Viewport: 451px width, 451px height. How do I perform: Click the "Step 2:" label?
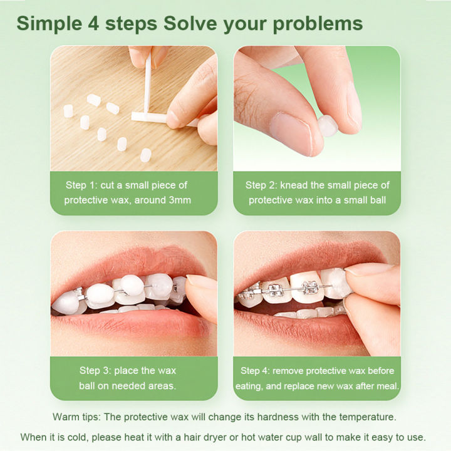tap(262, 185)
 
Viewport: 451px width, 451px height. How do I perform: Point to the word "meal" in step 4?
tap(386, 386)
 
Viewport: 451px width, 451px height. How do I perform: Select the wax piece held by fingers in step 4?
tap(336, 282)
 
